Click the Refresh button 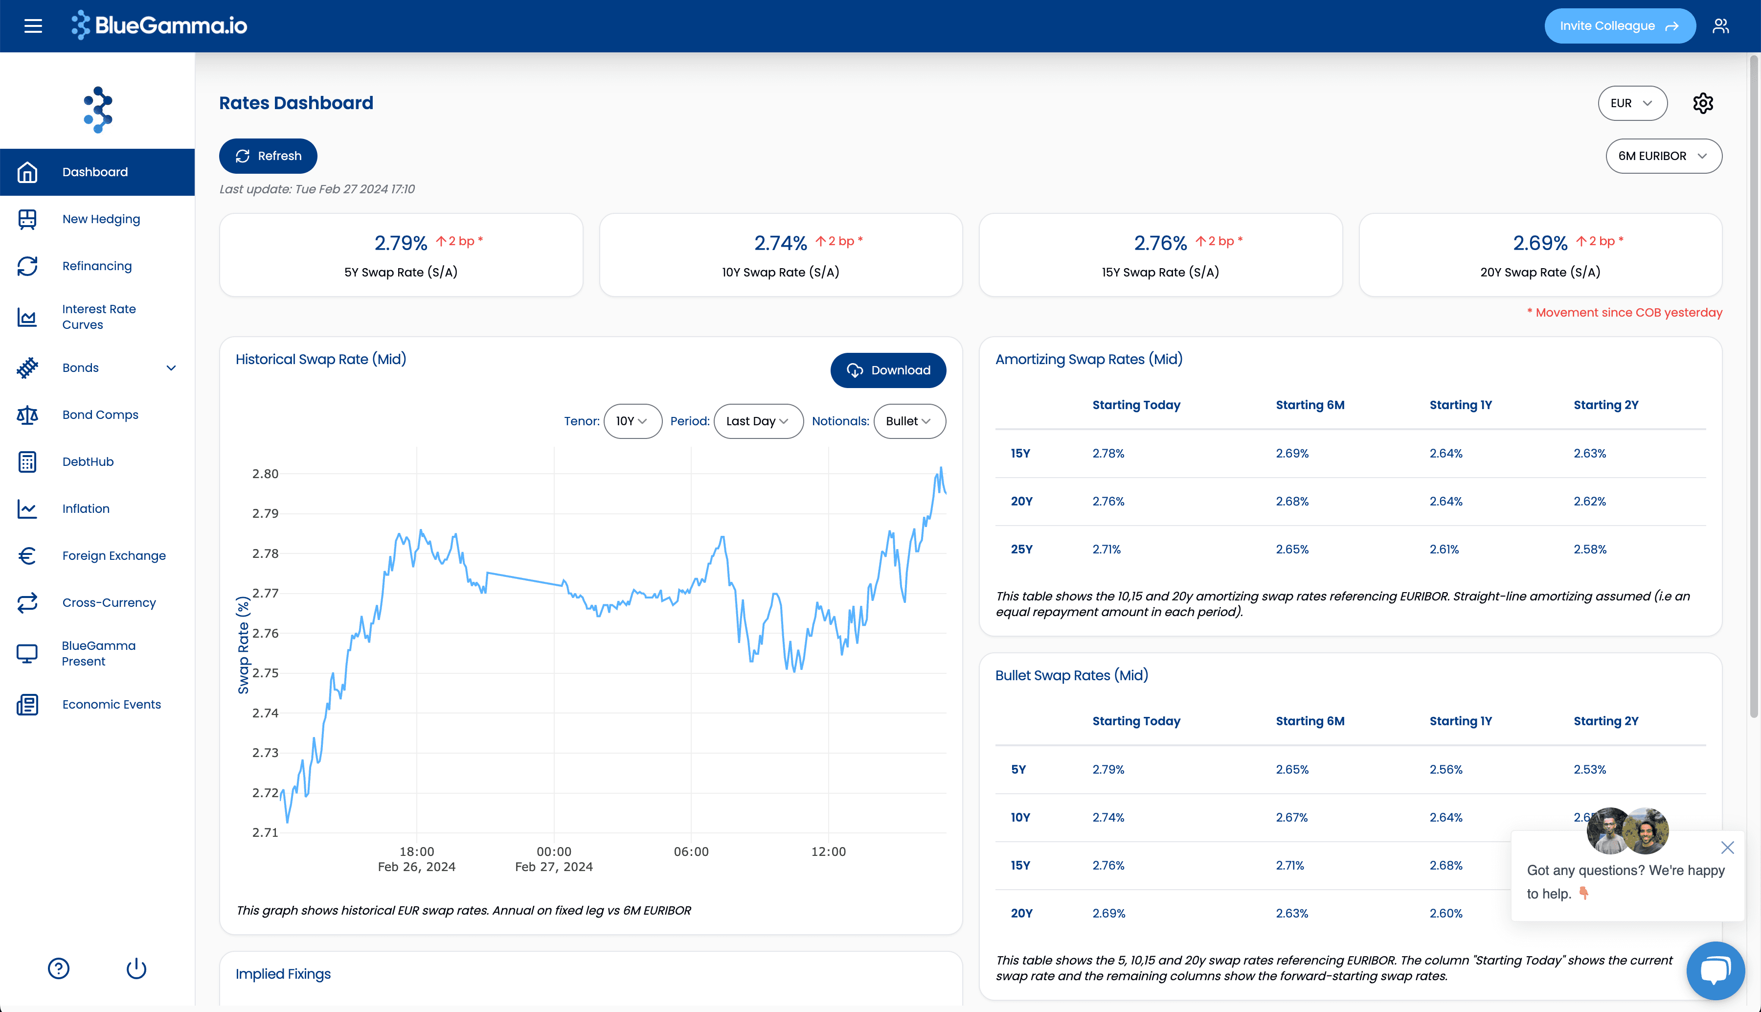point(268,156)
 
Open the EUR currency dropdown point(1632,103)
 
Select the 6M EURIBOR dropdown point(1663,156)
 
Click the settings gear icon point(1703,103)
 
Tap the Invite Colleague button point(1619,26)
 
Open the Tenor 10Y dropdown point(632,421)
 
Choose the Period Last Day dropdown point(758,421)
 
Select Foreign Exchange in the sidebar point(114,555)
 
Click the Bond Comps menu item point(100,414)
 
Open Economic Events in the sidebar point(111,704)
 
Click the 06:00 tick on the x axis point(691,851)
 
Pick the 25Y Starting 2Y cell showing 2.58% point(1589,549)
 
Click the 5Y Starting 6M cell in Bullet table point(1292,769)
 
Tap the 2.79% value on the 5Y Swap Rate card point(400,243)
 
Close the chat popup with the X point(1727,847)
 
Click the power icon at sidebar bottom point(136,968)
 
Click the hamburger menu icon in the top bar point(33,26)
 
